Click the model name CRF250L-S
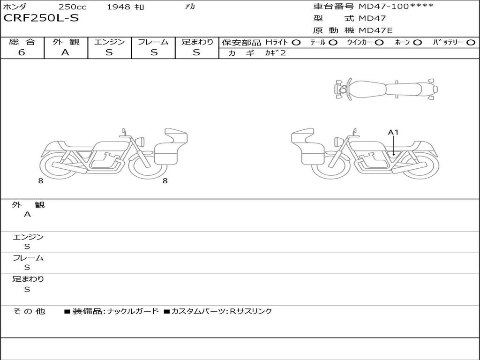pos(41,18)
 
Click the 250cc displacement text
pos(73,7)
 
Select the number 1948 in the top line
pos(118,7)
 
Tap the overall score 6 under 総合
pos(22,52)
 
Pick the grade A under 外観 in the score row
pos(65,52)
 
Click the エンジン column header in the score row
pos(109,42)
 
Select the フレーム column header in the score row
pos(153,42)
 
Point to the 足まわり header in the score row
pos(197,42)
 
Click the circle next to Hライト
pos(296,43)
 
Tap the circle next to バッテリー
pos(471,43)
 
